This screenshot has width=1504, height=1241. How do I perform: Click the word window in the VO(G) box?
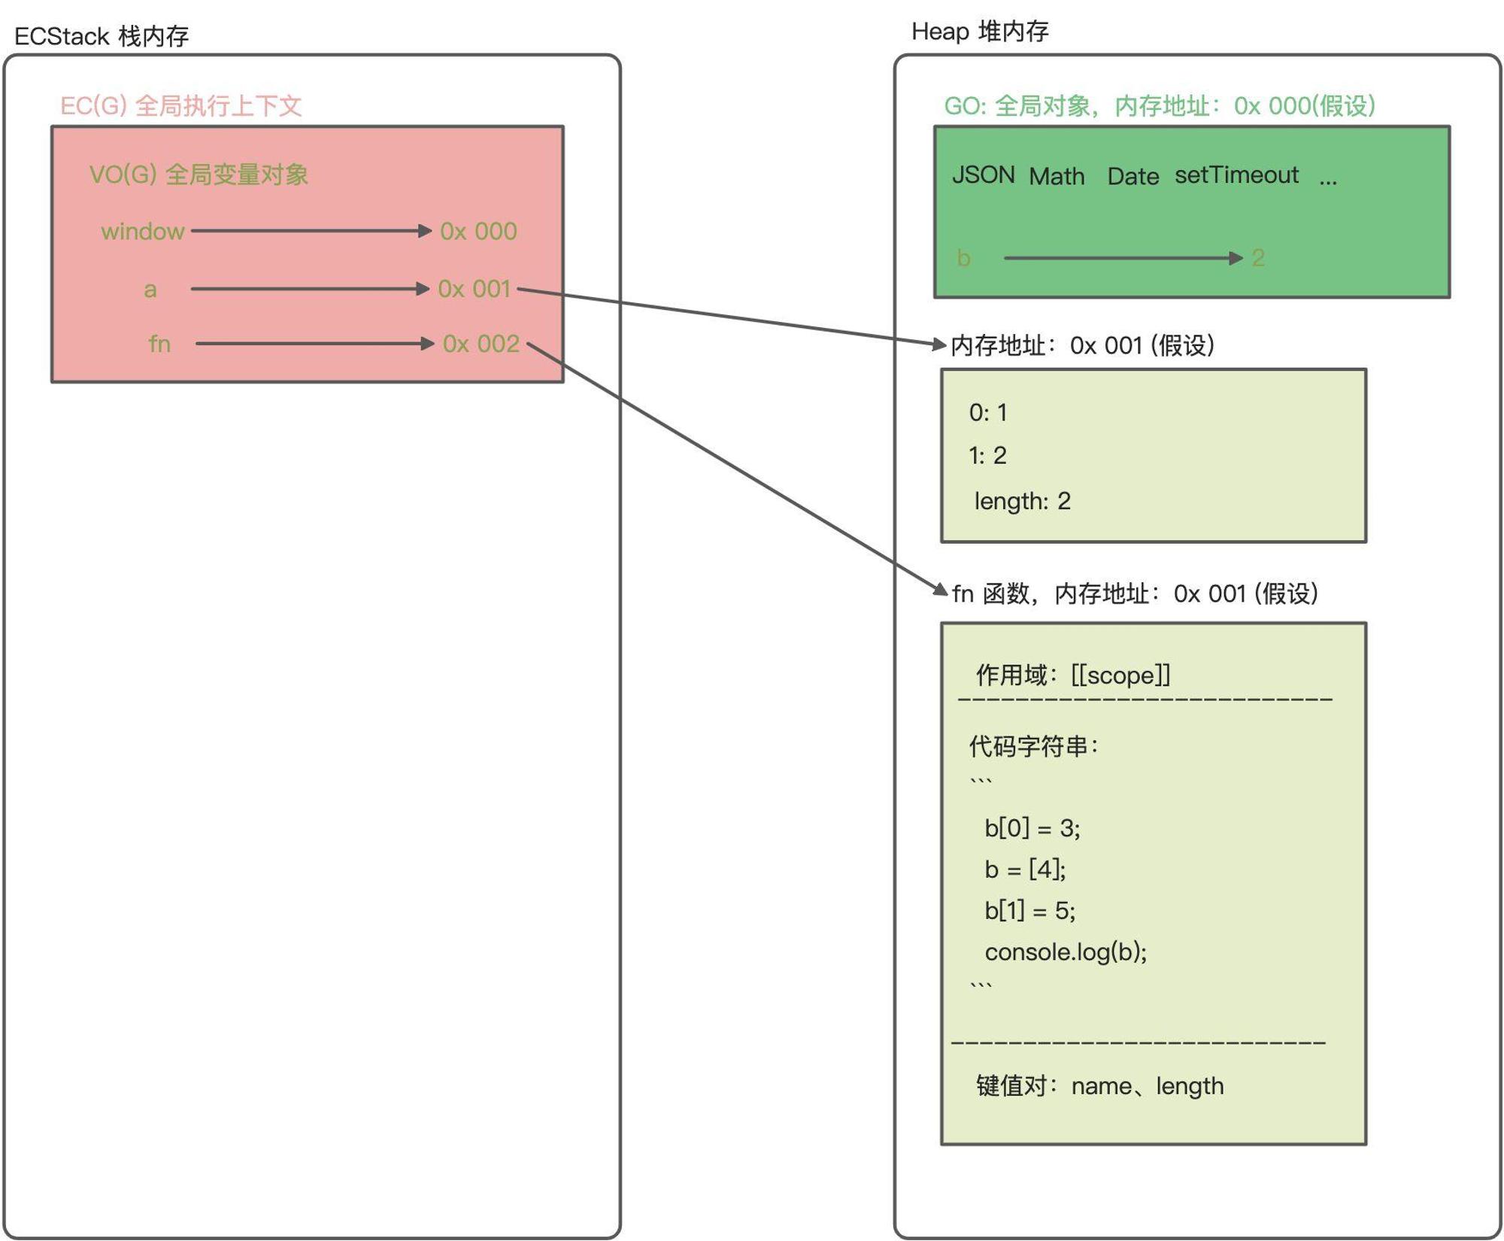pyautogui.click(x=143, y=231)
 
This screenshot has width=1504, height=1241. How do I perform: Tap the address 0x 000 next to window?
pyautogui.click(x=479, y=231)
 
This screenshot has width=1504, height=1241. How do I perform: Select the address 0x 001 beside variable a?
pyautogui.click(x=475, y=289)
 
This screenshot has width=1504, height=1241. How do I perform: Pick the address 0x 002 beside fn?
pyautogui.click(x=481, y=344)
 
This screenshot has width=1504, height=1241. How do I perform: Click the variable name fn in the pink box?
pyautogui.click(x=159, y=344)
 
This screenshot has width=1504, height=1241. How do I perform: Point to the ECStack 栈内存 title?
pyautogui.click(x=102, y=35)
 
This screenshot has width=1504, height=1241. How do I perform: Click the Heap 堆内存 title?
pyautogui.click(x=980, y=31)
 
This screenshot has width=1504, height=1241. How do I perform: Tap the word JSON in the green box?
pyautogui.click(x=984, y=174)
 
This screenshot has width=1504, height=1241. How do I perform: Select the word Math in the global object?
pyautogui.click(x=1057, y=176)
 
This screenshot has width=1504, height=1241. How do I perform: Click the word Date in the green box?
pyautogui.click(x=1133, y=176)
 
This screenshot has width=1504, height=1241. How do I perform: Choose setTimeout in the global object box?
pyautogui.click(x=1237, y=174)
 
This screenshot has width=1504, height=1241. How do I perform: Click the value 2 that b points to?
pyautogui.click(x=1258, y=258)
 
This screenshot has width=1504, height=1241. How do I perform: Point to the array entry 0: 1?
pyautogui.click(x=988, y=412)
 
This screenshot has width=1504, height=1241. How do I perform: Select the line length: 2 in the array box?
pyautogui.click(x=1023, y=501)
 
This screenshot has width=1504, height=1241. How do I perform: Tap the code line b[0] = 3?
pyautogui.click(x=1032, y=828)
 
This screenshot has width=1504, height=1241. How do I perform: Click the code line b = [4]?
pyautogui.click(x=1026, y=869)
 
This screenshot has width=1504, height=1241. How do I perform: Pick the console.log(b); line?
pyautogui.click(x=1066, y=952)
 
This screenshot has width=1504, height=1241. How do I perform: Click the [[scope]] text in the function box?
pyautogui.click(x=1120, y=675)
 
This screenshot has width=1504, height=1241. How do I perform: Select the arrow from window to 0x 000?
pyautogui.click(x=311, y=231)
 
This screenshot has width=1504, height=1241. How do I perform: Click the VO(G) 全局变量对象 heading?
pyautogui.click(x=199, y=174)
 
